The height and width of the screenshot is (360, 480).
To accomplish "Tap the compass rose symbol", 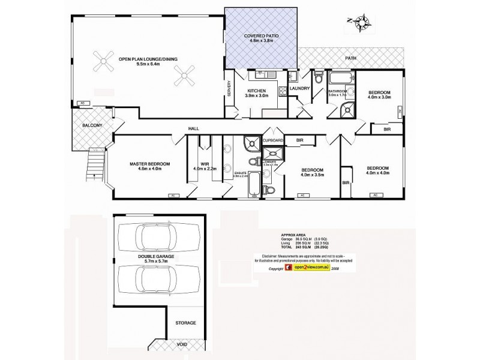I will tap(362, 22).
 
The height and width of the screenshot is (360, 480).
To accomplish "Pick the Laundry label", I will tap(299, 89).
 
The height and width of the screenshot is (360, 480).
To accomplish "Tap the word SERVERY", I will tap(229, 91).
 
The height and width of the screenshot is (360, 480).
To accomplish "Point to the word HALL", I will tap(193, 128).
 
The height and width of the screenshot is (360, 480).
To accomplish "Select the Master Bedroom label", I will tap(150, 166).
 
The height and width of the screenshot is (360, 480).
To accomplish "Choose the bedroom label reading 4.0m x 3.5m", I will tap(312, 172).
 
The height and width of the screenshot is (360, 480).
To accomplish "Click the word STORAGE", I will tap(185, 323).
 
